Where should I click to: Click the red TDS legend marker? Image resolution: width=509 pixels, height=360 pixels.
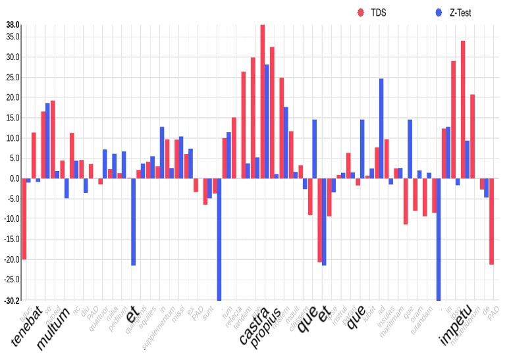(x=360, y=12)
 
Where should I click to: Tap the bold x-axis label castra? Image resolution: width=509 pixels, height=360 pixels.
(x=254, y=325)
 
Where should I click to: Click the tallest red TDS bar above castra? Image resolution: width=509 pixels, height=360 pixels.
(x=262, y=101)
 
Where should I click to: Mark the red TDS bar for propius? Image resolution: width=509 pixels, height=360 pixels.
(x=272, y=113)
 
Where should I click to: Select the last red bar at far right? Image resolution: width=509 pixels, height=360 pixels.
(x=491, y=221)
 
